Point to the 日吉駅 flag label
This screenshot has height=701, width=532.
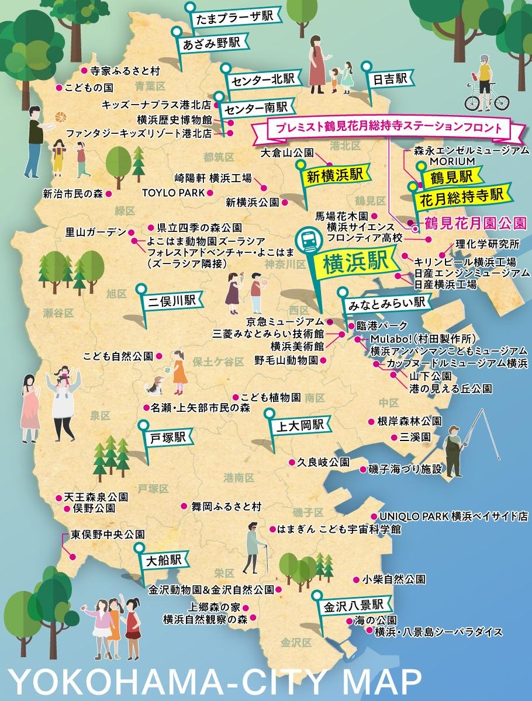point(392,79)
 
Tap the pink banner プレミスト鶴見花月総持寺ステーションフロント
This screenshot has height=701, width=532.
point(385,129)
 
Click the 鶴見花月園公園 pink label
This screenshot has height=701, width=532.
point(474,223)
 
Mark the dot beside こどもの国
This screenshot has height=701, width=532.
point(58,88)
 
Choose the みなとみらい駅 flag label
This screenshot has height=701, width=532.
point(386,304)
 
